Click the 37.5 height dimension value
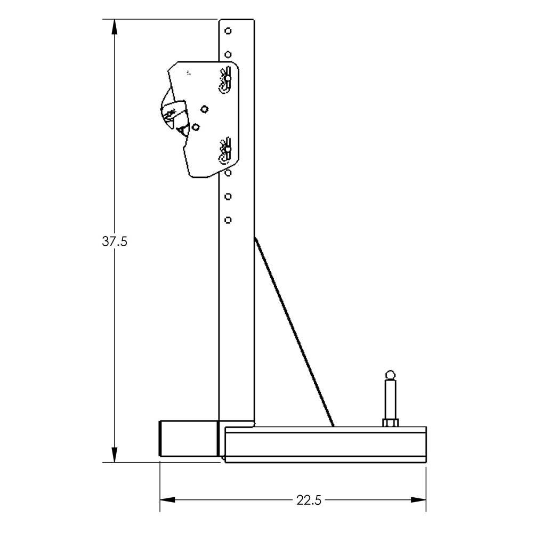[x=115, y=241]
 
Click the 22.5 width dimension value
[x=308, y=500]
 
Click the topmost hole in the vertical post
[x=228, y=31]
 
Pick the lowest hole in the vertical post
[x=228, y=220]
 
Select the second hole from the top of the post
[x=228, y=54]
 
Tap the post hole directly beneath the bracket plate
[x=228, y=173]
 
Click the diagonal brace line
[x=294, y=333]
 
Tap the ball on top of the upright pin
[x=390, y=374]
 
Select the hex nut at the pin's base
[x=390, y=423]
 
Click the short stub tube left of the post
[x=188, y=438]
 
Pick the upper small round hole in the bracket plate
[x=204, y=109]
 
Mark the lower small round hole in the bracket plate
[x=196, y=127]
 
